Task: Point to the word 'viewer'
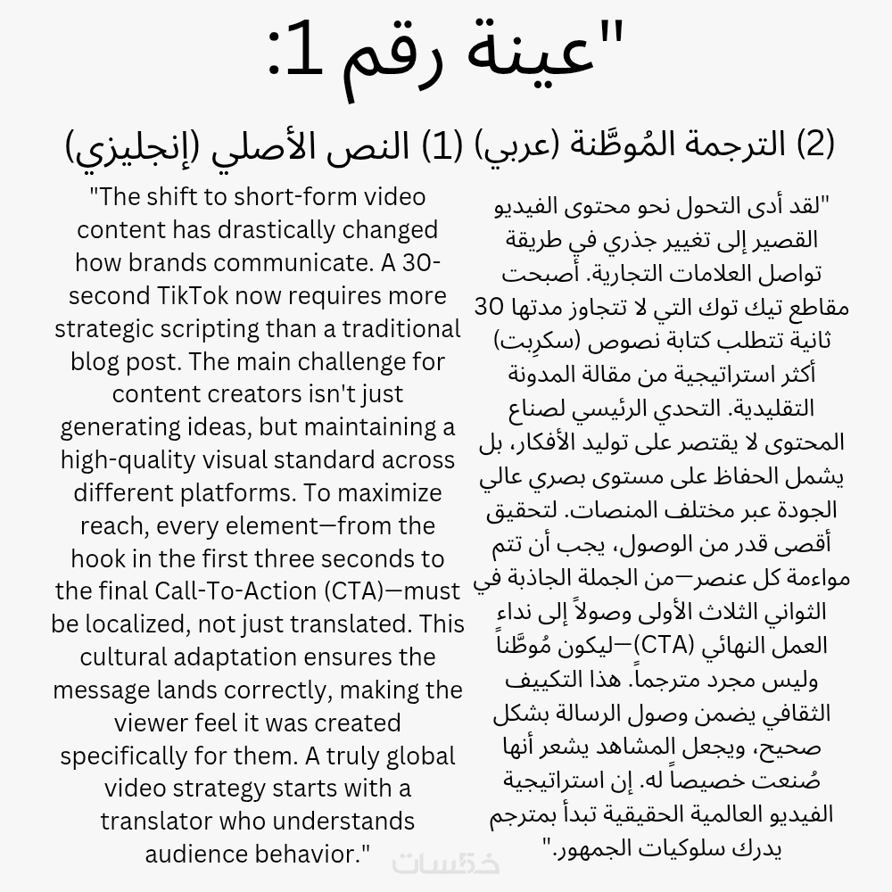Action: [120, 723]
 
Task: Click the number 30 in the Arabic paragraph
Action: [489, 307]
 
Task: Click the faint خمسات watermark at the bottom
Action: [446, 863]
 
